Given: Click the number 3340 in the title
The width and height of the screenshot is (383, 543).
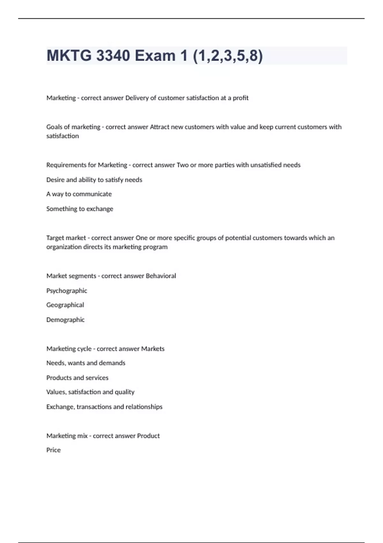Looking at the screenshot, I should point(113,56).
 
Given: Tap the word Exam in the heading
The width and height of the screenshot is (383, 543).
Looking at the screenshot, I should point(155,56).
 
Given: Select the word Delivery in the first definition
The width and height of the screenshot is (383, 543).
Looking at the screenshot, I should point(137,98).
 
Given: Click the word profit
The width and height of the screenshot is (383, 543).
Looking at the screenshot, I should point(240,98).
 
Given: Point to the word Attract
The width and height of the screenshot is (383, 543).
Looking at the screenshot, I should point(159,127).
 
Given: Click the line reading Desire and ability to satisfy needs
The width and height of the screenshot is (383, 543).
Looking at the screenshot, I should point(94,180).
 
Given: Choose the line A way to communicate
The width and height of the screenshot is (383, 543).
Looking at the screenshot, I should point(79,194).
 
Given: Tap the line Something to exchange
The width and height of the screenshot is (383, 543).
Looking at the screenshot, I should point(79,209).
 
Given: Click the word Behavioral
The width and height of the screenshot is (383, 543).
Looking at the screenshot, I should point(161,276).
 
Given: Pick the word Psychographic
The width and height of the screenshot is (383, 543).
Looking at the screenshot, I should point(66,291).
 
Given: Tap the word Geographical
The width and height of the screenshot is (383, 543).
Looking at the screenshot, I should point(65,305).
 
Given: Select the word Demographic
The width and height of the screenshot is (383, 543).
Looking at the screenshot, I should point(65,320).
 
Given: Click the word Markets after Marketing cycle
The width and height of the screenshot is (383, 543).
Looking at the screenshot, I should point(153,349).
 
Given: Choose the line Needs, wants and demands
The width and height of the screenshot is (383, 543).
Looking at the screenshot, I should point(86,363).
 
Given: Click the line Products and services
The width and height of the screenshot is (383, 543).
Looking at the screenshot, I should point(77,378).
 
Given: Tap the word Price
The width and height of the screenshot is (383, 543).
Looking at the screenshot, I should point(53,450).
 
